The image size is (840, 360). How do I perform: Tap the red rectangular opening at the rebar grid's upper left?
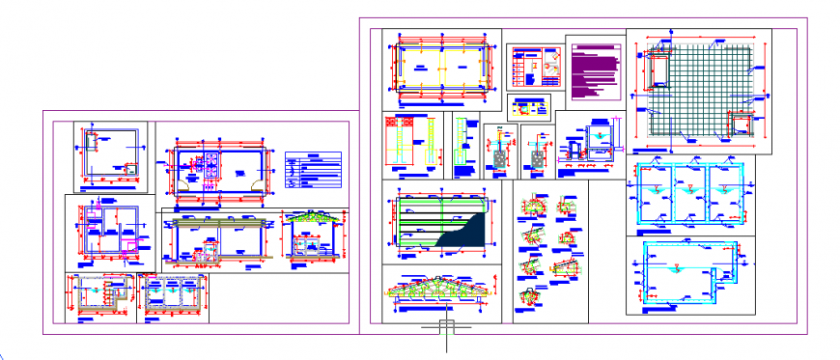click(659, 69)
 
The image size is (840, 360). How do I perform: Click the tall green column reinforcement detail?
click(465, 145)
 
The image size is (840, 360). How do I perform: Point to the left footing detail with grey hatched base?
click(499, 155)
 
